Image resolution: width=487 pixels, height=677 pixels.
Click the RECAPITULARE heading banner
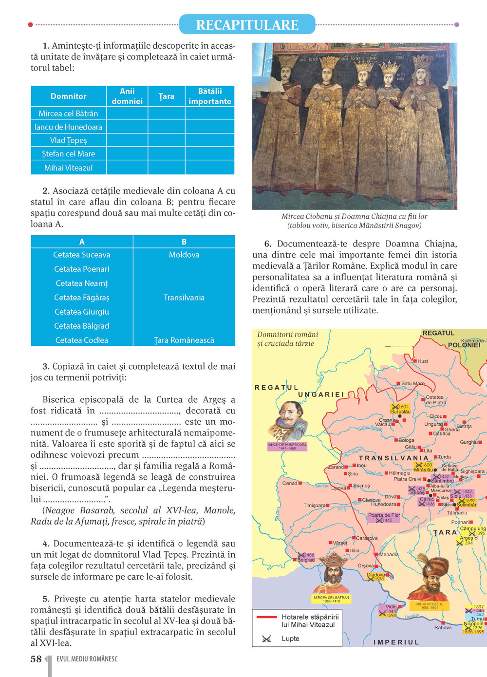247,25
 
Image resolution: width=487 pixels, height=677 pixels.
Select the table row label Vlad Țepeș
69,140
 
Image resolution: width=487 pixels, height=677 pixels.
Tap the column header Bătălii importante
210,96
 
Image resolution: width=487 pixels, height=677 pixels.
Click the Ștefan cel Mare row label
69,154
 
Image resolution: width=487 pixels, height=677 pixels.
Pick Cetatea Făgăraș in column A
82,298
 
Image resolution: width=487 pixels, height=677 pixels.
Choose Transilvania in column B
184,298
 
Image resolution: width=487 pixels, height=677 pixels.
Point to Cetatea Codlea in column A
82,340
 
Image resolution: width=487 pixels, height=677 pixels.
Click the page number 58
36,659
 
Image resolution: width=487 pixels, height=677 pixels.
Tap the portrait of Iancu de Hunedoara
288,421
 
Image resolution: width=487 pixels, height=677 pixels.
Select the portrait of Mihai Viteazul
429,580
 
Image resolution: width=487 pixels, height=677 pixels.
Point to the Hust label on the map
423,361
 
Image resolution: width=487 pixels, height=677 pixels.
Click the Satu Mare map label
412,384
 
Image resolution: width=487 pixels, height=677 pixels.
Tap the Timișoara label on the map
314,506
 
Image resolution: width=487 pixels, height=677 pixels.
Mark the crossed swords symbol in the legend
266,639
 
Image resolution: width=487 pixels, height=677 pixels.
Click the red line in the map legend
266,617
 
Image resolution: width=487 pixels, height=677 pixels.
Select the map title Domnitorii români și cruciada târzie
287,339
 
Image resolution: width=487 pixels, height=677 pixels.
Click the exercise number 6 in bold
267,244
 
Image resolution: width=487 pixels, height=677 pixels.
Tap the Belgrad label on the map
306,560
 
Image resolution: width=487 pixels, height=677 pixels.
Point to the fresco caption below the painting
354,221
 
